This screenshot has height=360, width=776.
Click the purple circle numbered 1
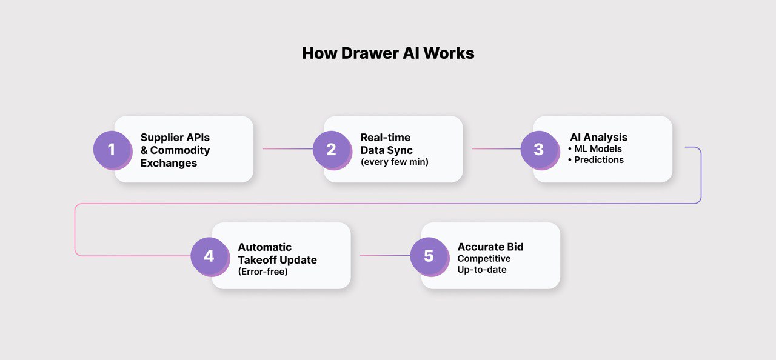tap(112, 149)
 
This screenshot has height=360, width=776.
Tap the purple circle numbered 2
tap(331, 149)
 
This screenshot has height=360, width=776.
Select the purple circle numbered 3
tap(539, 149)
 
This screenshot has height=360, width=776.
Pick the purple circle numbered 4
tap(209, 256)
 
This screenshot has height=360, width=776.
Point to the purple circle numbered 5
tap(429, 256)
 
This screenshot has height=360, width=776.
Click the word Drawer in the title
tap(370, 53)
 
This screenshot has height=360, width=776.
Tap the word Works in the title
tap(449, 53)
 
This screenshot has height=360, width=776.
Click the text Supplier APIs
tap(175, 138)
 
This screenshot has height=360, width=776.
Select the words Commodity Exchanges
tap(176, 156)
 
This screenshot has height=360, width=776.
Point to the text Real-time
tap(385, 138)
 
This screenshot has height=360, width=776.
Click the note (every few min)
tap(394, 162)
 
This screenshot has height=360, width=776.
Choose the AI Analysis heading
tap(598, 138)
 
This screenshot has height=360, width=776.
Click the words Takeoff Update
tap(277, 260)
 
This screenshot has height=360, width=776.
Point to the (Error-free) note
tap(263, 272)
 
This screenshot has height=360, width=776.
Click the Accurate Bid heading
tap(490, 247)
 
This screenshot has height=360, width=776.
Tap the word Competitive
tap(484, 259)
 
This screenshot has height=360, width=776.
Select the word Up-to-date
tap(481, 269)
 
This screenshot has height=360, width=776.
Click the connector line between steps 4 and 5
tap(384, 255)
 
